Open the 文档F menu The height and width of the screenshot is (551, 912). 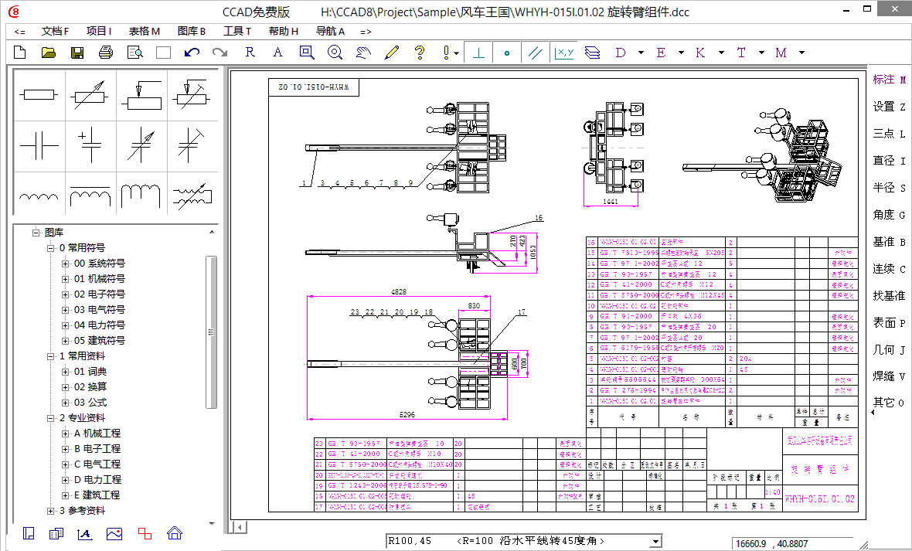55,32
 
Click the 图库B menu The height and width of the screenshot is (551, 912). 192,32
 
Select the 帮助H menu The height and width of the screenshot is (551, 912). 284,32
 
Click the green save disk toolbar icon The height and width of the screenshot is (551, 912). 77,53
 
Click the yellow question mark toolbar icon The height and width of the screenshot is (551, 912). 420,53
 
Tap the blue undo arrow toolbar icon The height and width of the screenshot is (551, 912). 192,53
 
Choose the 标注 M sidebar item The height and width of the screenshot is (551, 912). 889,80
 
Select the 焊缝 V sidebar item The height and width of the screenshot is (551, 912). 889,376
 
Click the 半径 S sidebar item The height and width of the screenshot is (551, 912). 889,188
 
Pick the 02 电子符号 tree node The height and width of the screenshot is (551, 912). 99,294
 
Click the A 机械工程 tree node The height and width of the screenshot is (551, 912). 97,434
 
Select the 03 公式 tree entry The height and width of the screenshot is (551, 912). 90,403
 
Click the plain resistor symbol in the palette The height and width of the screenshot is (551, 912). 39,95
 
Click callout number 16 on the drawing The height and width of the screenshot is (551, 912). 539,218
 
